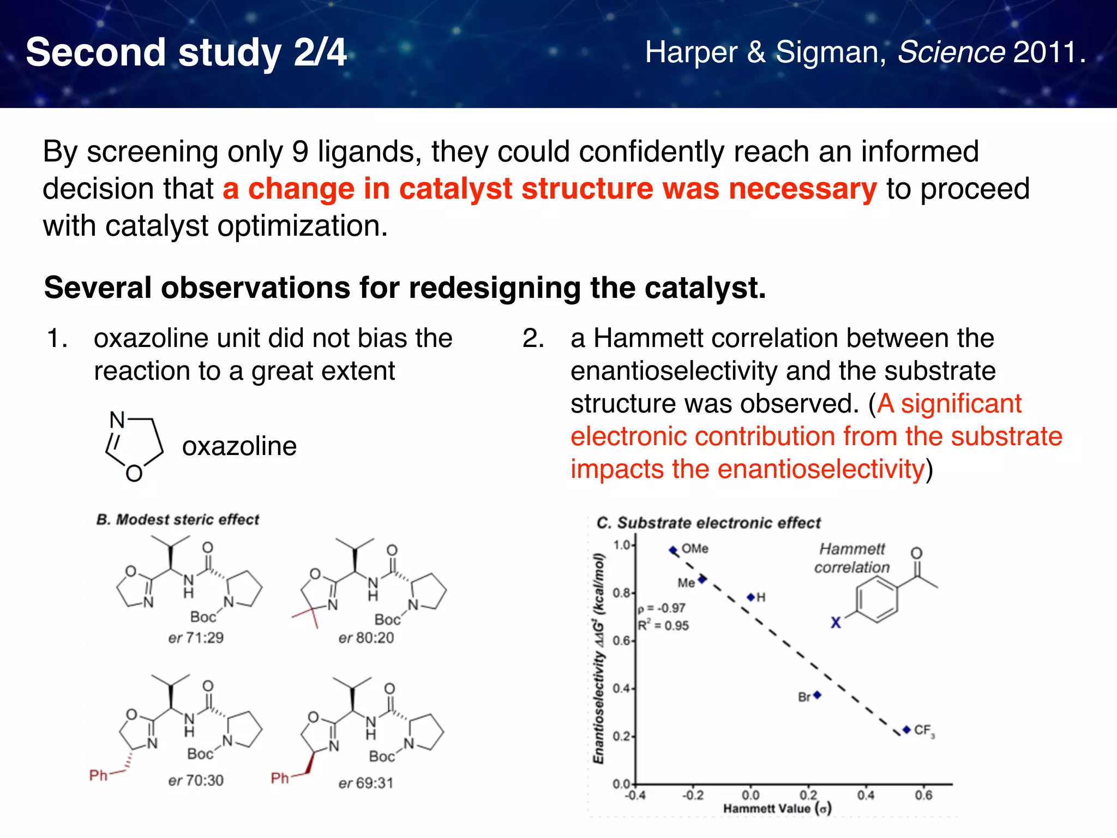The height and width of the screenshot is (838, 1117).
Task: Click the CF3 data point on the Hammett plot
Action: coord(906,729)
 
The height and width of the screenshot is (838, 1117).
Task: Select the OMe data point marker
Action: coord(673,550)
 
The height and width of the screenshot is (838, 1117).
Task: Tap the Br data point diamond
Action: coord(817,695)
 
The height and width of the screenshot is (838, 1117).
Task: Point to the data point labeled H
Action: coord(751,597)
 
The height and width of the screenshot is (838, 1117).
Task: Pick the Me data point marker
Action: coord(702,579)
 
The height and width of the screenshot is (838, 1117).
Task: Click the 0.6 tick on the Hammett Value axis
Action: coord(923,795)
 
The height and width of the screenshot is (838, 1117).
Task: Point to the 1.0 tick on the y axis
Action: coord(622,545)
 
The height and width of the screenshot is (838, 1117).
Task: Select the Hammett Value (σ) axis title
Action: coord(777,809)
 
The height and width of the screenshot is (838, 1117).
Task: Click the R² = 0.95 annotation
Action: coord(663,625)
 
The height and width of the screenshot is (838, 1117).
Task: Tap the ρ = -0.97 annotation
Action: coord(662,608)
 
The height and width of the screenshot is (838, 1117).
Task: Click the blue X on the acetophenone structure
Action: coord(836,622)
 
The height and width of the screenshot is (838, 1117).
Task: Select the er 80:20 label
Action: coord(366,638)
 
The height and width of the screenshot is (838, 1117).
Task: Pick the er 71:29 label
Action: coord(196,638)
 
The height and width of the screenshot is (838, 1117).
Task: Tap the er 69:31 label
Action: coord(365,783)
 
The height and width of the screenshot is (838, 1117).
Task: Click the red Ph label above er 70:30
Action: coord(99,775)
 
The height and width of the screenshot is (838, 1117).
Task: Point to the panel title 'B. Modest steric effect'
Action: coord(178,519)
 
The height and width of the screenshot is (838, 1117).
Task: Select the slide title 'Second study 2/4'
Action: coord(186,52)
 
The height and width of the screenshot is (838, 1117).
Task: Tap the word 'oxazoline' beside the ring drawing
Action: coord(239,446)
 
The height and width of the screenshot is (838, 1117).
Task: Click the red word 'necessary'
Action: coord(802,189)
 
